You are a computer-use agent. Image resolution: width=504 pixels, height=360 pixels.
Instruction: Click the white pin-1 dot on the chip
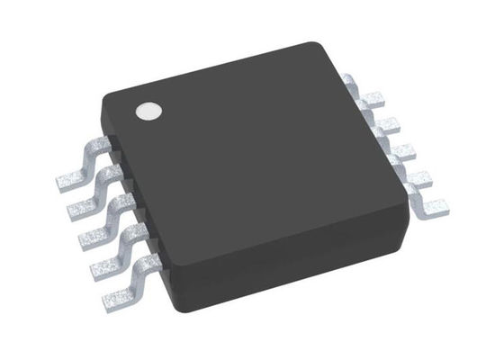tap(147, 112)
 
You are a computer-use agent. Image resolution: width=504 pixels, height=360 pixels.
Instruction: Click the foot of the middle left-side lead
tap(94, 237)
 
